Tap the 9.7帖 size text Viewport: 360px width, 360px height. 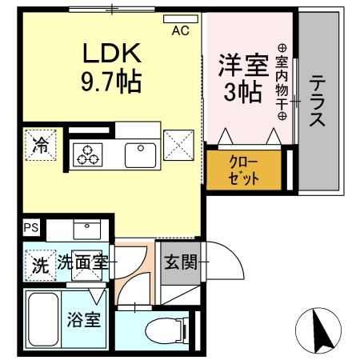111,81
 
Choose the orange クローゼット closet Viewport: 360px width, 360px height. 245,169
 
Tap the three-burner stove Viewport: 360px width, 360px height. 86,154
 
